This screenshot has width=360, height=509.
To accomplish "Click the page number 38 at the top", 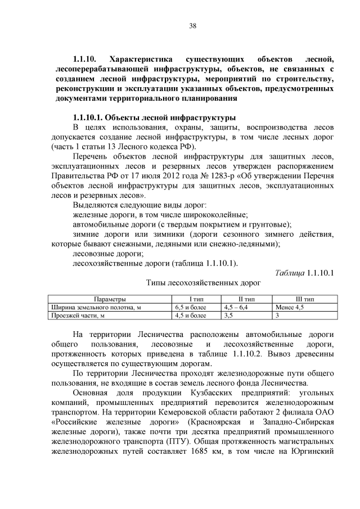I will click(x=192, y=25).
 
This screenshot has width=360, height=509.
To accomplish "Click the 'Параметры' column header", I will click(x=110, y=299).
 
